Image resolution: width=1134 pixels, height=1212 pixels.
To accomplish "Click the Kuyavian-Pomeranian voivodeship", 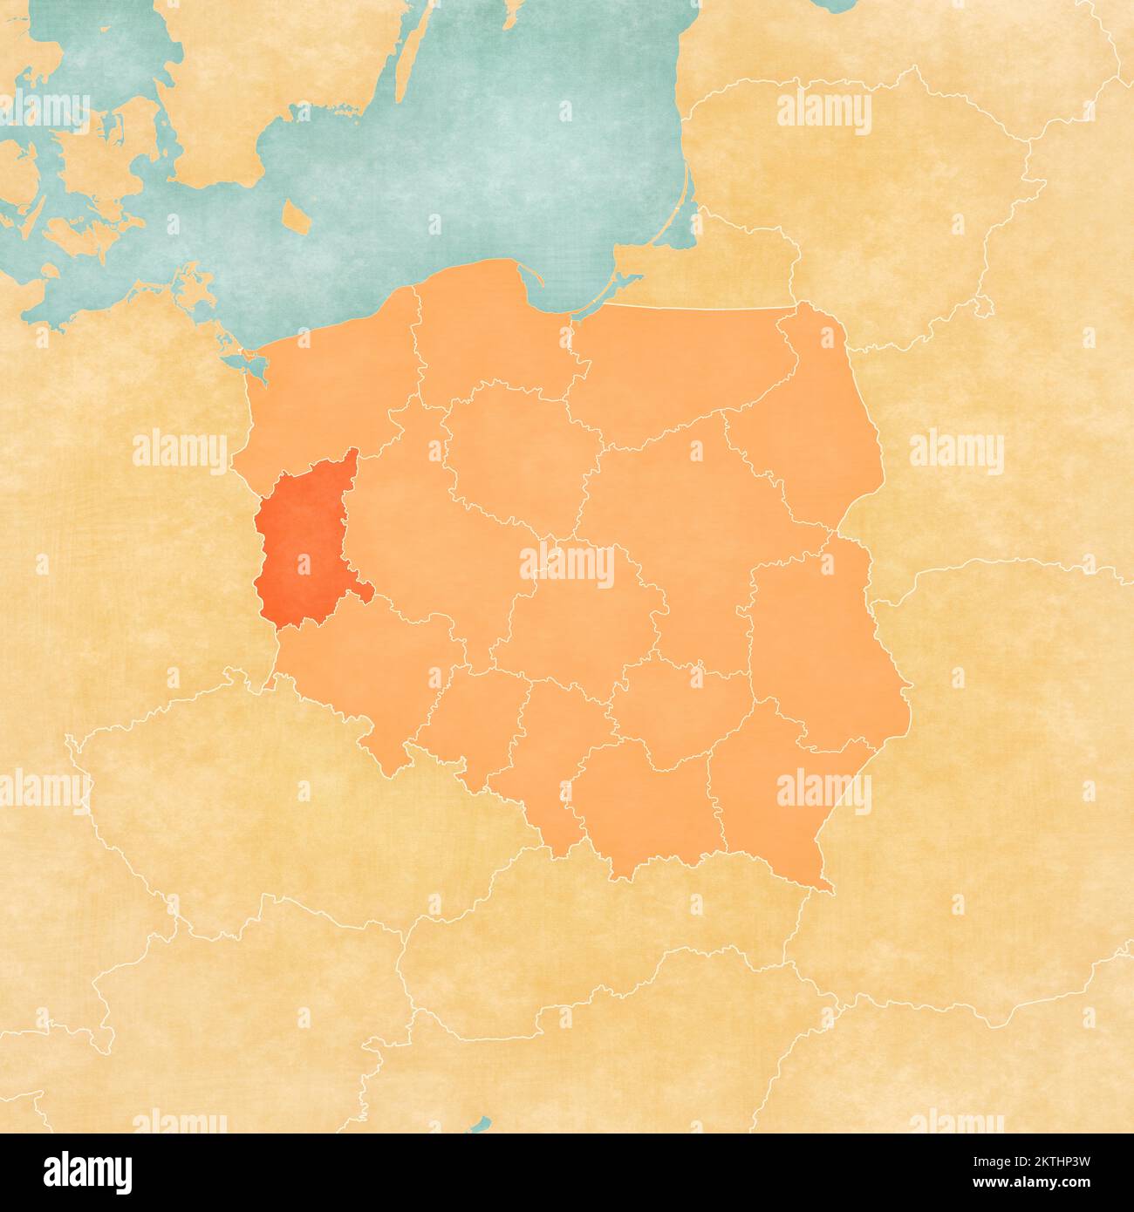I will point(515,453).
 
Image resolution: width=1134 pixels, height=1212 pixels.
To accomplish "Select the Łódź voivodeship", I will point(576,619).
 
